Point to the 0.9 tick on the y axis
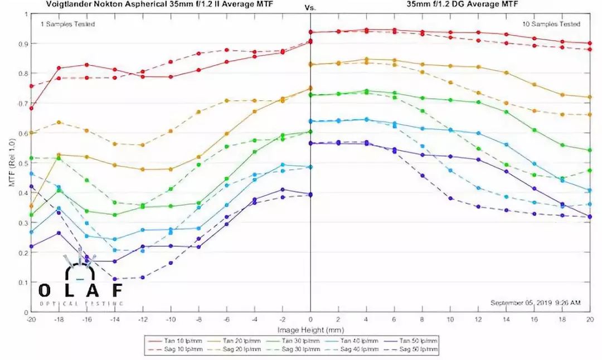pyautogui.click(x=23, y=43)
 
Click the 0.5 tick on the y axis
pyautogui.click(x=23, y=163)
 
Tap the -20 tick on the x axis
pyautogui.click(x=31, y=319)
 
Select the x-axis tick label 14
pyautogui.click(x=506, y=319)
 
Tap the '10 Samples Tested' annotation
pyautogui.click(x=551, y=24)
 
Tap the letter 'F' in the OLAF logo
pyautogui.click(x=115, y=290)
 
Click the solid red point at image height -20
pyautogui.click(x=31, y=108)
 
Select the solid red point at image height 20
pyautogui.click(x=590, y=43)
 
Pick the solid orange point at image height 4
pyautogui.click(x=366, y=59)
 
